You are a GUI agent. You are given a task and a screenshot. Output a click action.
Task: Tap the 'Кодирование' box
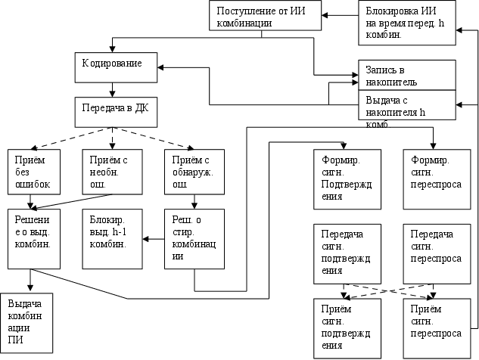119,67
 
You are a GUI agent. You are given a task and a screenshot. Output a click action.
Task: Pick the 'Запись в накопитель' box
407,74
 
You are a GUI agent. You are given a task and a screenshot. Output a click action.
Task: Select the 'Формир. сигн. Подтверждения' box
343,179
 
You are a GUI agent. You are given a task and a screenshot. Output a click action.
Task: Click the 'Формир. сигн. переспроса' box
432,179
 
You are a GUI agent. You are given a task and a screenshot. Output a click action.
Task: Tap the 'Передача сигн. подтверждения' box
343,253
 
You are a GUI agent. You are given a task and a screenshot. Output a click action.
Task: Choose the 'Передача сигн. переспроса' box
432,253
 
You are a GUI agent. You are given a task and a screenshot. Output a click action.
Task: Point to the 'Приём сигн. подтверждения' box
343,327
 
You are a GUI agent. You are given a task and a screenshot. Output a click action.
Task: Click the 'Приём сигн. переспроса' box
432,327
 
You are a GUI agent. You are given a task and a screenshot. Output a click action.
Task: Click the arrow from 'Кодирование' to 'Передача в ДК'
112,89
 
